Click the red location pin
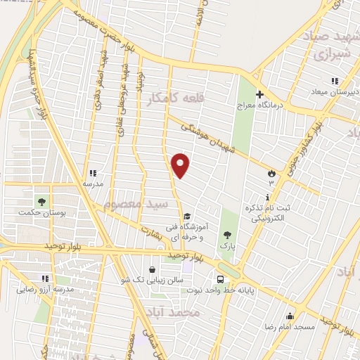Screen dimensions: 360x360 [x=181, y=165]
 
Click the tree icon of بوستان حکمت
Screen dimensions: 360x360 [x=41, y=203]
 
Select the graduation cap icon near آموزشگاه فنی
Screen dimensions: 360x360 [x=186, y=217]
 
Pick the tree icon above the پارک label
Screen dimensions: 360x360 [x=226, y=235]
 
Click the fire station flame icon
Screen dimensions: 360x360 [x=272, y=172]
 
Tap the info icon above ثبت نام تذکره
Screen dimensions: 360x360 [x=267, y=197]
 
